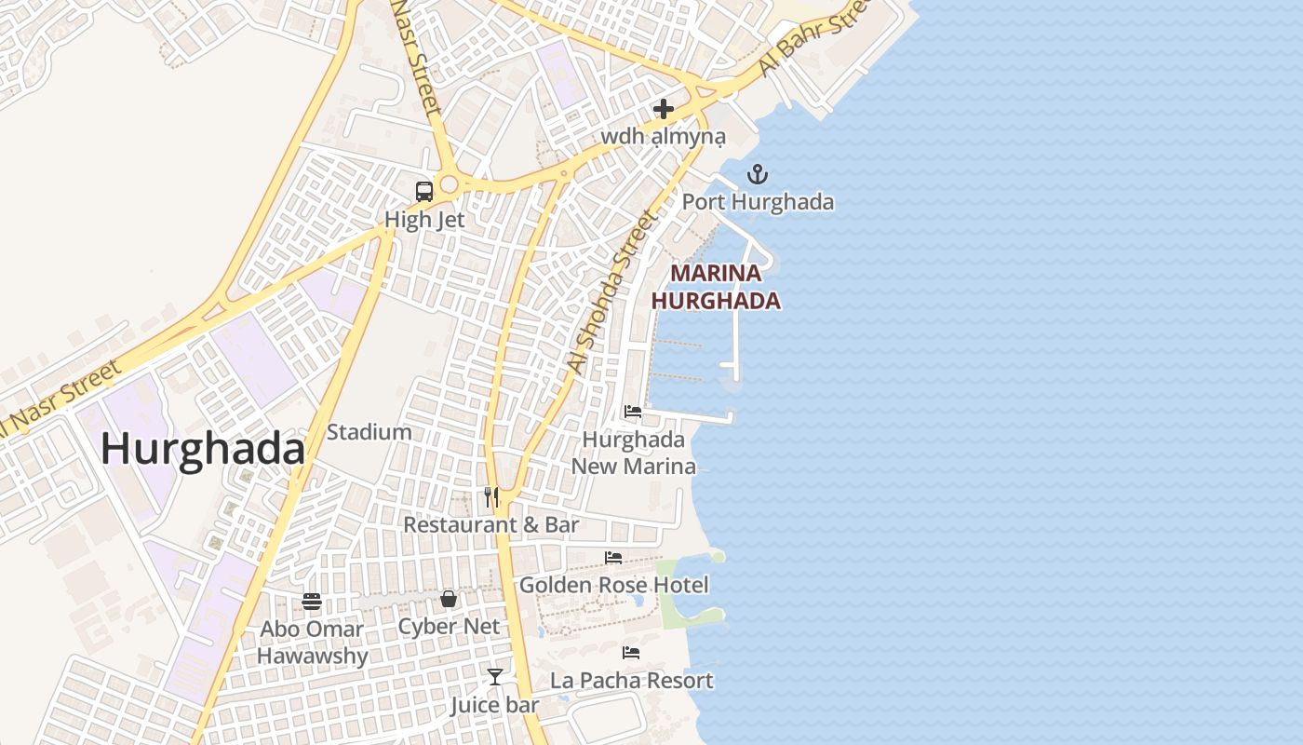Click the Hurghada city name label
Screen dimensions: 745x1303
[x=203, y=449]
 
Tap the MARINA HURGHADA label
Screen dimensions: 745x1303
[x=716, y=287]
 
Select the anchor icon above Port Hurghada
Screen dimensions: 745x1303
[x=758, y=174]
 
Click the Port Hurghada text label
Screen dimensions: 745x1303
[x=758, y=201]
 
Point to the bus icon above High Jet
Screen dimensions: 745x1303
[x=424, y=192]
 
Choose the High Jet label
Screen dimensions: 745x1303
[x=424, y=220]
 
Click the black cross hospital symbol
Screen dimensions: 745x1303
[x=663, y=109]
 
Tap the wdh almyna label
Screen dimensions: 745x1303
[x=663, y=137]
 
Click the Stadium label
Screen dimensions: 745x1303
[x=369, y=432]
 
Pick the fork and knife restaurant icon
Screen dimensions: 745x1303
[x=491, y=497]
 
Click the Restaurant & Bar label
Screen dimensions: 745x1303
[x=491, y=524]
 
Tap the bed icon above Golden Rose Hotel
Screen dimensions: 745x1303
[x=613, y=558]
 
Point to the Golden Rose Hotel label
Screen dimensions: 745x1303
[x=613, y=585]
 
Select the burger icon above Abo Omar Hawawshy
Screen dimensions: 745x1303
[x=312, y=602]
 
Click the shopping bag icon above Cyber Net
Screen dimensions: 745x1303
[x=449, y=599]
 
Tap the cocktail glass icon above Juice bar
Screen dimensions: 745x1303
[x=495, y=676]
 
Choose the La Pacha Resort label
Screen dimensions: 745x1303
[x=631, y=680]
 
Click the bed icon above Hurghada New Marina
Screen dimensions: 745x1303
[x=633, y=412]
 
